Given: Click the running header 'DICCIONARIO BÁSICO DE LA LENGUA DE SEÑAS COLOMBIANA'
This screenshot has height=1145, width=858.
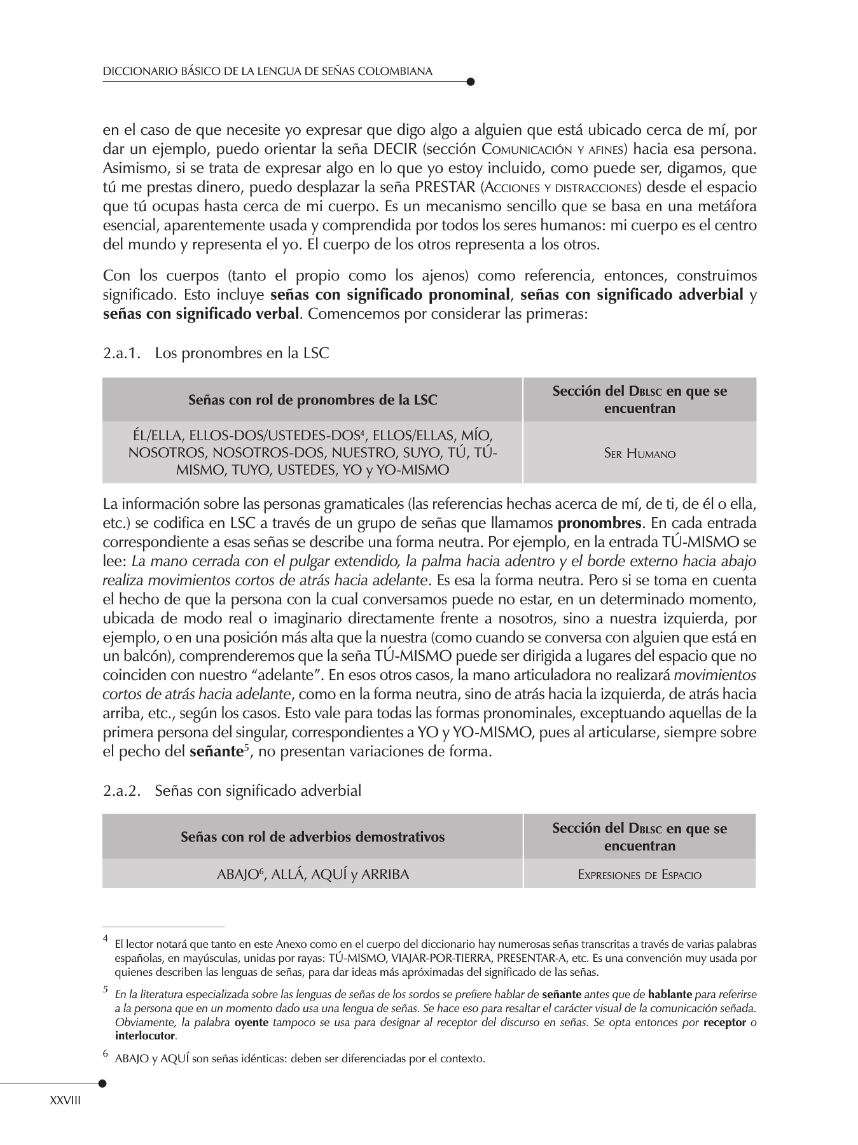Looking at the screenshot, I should click(268, 71).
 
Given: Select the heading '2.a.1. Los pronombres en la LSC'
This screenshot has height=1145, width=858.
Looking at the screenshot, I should click(216, 353).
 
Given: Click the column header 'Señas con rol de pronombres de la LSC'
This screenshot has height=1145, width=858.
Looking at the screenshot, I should click(312, 400).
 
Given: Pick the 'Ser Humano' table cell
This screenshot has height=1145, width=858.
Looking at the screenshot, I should click(639, 454).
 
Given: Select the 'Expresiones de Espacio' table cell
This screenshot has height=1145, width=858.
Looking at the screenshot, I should click(639, 875).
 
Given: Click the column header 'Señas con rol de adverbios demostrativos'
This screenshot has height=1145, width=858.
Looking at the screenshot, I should click(312, 836).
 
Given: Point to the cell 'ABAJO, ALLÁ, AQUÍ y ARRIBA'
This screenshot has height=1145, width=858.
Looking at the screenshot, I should click(312, 875).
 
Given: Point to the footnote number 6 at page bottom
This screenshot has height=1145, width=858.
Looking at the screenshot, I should click(106, 1054).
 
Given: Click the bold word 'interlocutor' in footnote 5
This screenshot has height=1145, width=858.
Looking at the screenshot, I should click(144, 1036).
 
